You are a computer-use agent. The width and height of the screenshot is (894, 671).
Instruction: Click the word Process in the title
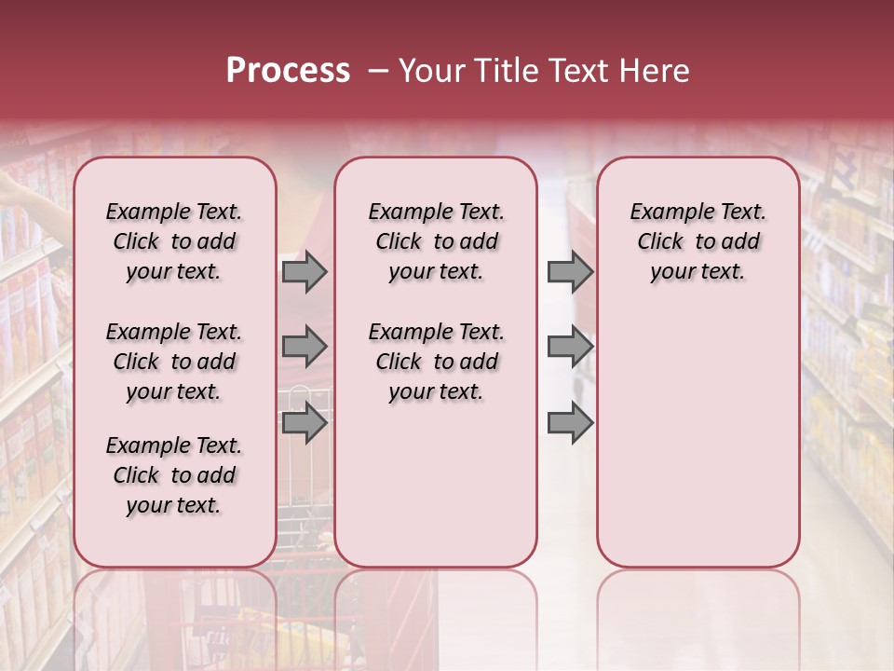click(288, 71)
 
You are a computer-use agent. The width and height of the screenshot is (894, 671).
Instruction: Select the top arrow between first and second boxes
click(304, 272)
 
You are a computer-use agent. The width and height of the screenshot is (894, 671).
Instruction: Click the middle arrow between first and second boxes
click(304, 347)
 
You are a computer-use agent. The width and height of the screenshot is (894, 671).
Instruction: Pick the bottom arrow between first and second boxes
click(304, 423)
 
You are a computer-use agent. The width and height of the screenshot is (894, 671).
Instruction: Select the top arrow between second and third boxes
click(570, 272)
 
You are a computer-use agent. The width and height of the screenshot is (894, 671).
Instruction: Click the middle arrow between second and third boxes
click(570, 347)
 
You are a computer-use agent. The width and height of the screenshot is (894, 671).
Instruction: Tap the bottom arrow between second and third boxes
click(570, 423)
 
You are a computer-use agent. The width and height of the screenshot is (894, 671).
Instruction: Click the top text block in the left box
click(174, 241)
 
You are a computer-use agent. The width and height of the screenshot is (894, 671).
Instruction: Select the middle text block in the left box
click(174, 362)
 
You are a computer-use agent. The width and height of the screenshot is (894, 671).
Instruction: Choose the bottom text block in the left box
click(174, 475)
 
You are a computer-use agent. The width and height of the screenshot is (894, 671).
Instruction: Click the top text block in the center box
click(436, 241)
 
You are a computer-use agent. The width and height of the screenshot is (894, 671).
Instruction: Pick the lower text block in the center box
click(436, 362)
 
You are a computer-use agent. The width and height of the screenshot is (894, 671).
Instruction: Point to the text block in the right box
click(698, 241)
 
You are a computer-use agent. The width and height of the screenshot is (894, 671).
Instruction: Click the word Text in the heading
click(581, 71)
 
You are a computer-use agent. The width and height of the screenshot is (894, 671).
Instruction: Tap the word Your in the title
click(431, 71)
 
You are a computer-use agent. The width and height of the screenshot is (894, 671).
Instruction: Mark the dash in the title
click(378, 71)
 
